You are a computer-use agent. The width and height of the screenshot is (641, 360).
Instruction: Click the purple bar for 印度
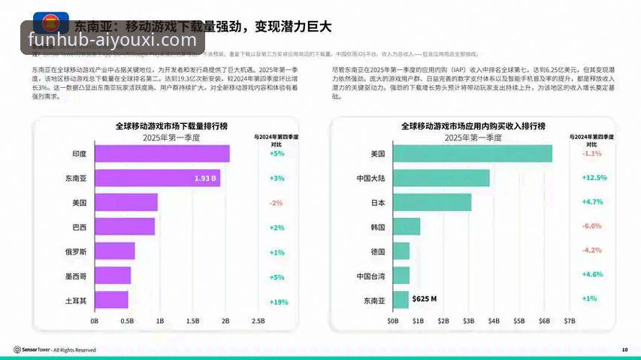click(162, 153)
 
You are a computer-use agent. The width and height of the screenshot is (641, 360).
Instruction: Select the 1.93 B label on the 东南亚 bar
click(205, 178)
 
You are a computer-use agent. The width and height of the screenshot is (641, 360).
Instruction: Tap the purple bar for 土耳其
click(111, 300)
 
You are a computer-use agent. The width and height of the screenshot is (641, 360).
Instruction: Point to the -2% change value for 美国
click(277, 203)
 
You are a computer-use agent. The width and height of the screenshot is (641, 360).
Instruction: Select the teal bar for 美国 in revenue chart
click(472, 153)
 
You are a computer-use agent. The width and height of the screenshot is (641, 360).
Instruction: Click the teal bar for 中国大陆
click(440, 178)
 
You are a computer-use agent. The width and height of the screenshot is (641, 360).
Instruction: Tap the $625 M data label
click(425, 299)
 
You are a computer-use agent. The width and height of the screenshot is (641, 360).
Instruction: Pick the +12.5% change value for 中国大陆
click(594, 178)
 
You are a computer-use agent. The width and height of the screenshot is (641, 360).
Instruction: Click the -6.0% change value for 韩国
click(592, 226)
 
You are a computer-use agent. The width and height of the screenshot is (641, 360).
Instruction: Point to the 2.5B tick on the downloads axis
click(258, 321)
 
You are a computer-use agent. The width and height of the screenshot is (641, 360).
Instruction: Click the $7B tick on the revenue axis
click(570, 321)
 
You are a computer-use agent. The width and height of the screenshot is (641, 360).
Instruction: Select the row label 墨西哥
click(74, 276)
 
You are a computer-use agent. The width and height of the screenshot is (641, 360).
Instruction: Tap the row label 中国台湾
click(370, 276)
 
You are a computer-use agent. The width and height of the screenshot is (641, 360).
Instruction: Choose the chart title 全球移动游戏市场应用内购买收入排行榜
click(473, 126)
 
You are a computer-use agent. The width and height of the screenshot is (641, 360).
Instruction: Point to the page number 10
click(624, 349)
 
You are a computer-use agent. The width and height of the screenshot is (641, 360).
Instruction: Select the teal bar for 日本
click(431, 203)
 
